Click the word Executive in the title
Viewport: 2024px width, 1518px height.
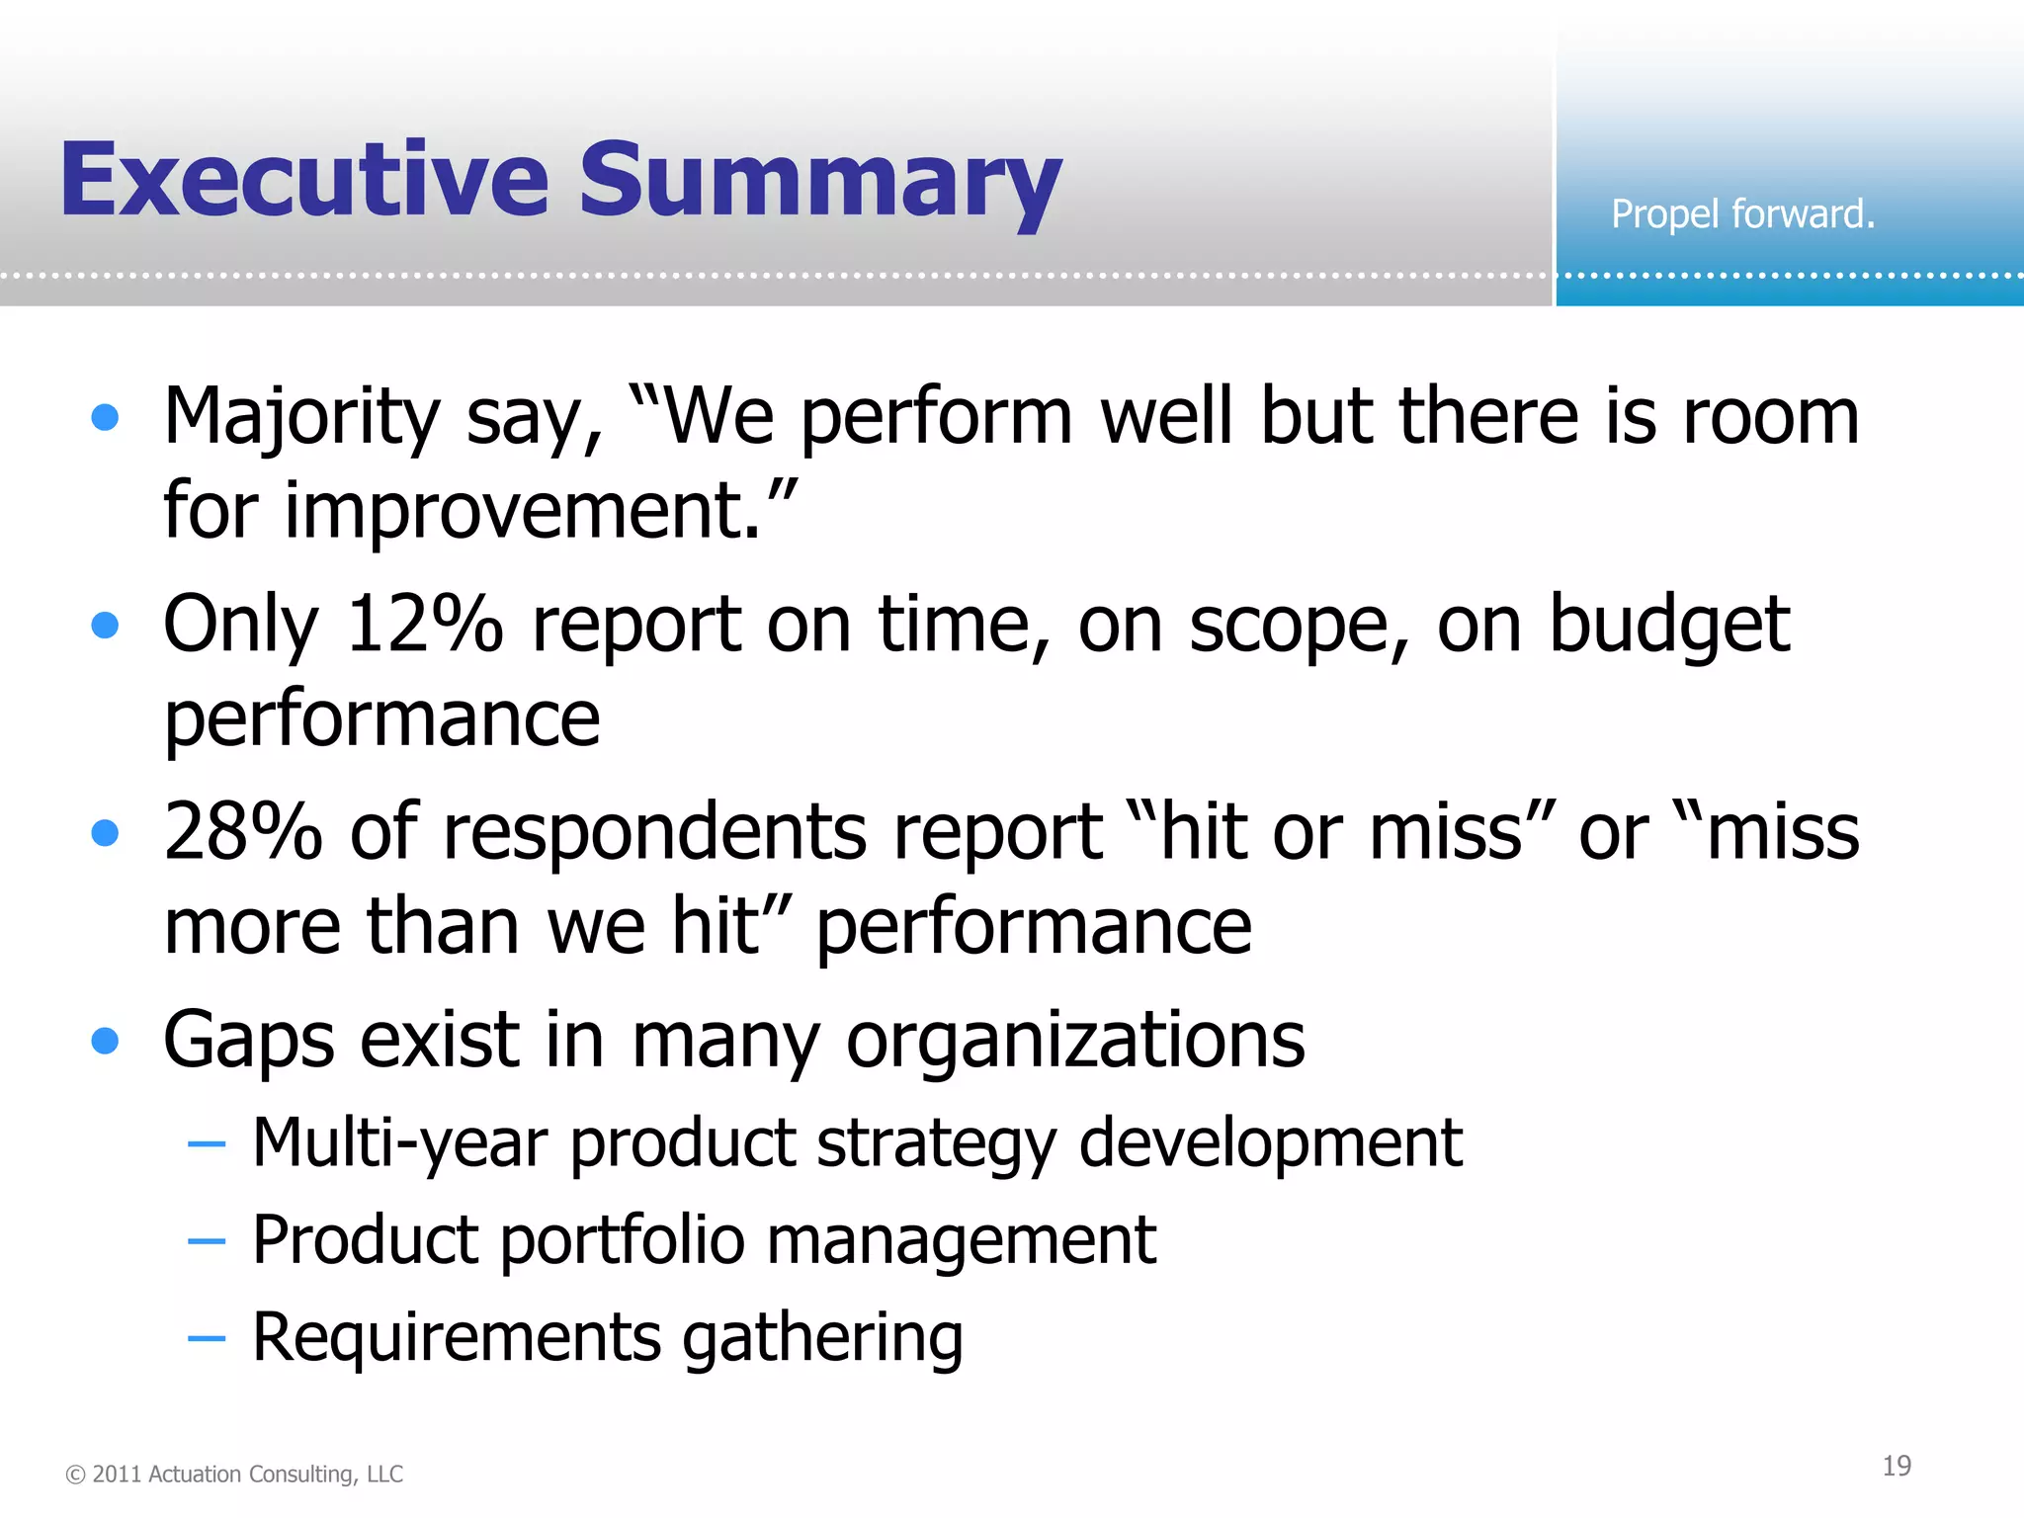click(x=303, y=180)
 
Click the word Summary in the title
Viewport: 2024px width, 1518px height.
click(x=819, y=180)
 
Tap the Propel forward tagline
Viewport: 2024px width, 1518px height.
click(x=1742, y=214)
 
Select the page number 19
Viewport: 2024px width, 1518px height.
click(x=1896, y=1466)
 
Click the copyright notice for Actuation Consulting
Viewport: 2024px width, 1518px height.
click(x=234, y=1474)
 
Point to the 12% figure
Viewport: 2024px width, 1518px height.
click(x=424, y=625)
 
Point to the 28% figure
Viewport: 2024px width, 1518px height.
click(x=242, y=832)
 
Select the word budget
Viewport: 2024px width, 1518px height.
click(x=1668, y=627)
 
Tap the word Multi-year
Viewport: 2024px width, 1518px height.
click(x=399, y=1144)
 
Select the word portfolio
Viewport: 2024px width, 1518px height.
click(x=622, y=1240)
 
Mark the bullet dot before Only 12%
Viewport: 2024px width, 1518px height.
click(x=105, y=626)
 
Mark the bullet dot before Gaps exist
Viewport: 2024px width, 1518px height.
click(x=105, y=1041)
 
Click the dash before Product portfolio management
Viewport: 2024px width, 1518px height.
click(x=207, y=1241)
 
